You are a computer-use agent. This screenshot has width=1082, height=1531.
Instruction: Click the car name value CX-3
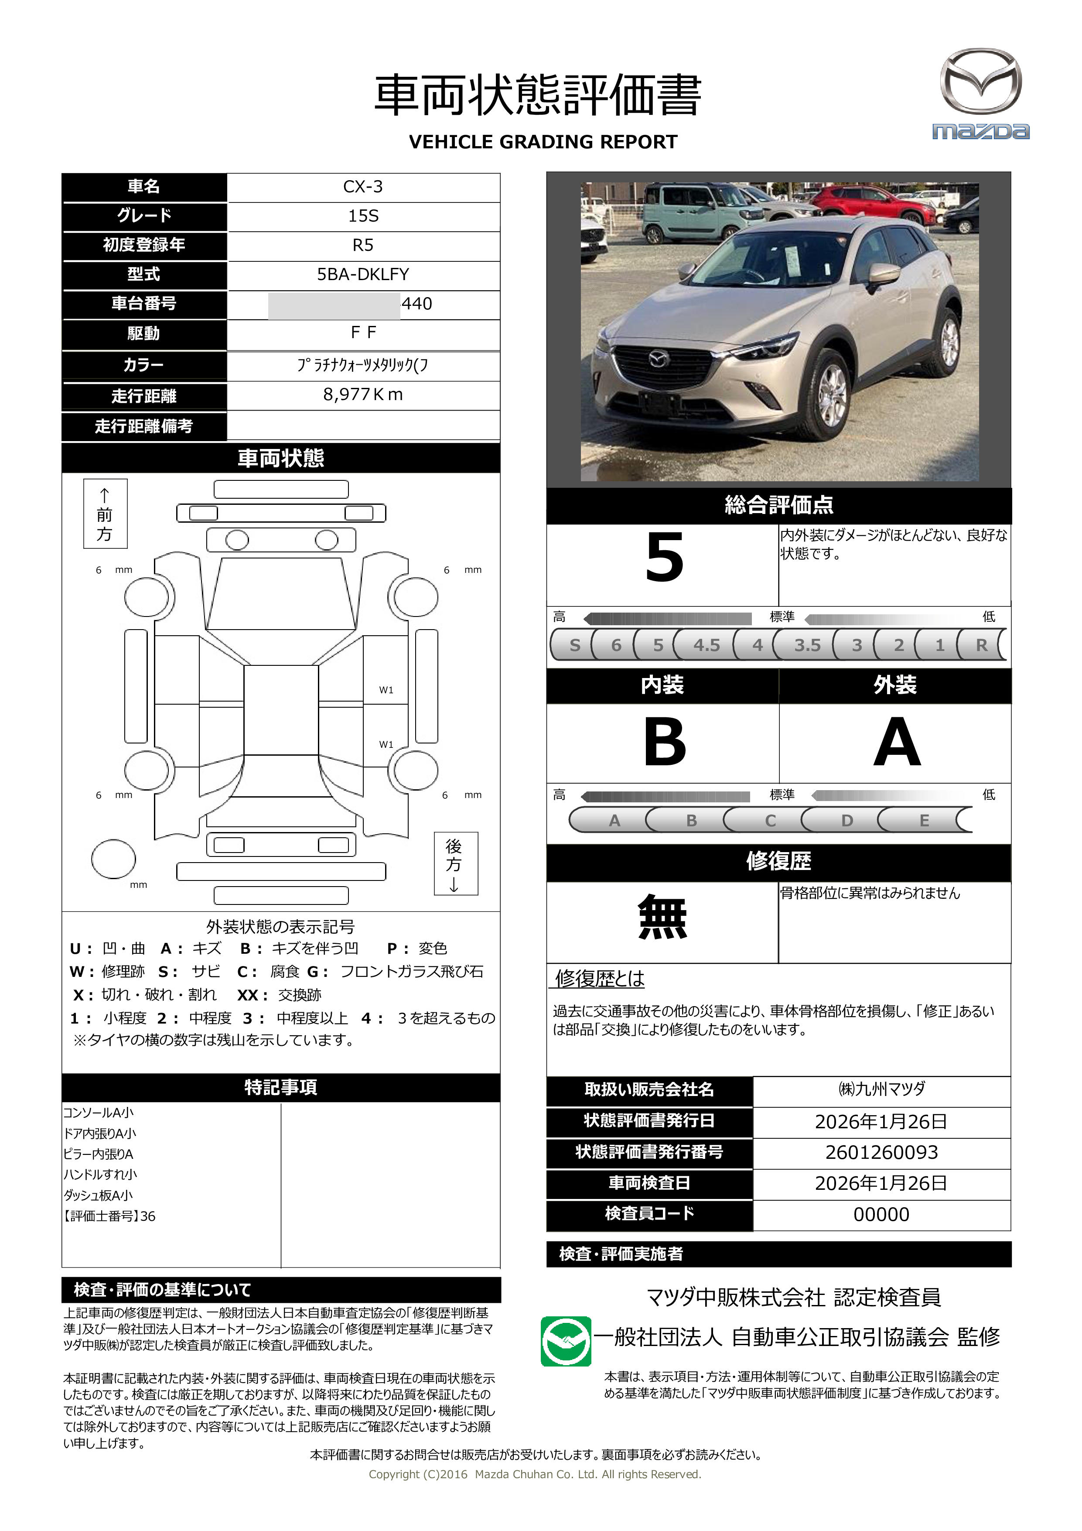point(363,187)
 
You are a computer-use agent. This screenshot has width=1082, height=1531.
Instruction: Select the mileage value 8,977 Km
point(363,395)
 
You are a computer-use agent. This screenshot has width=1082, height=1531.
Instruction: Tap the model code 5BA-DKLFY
point(363,274)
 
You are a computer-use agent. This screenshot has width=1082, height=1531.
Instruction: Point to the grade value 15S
point(363,216)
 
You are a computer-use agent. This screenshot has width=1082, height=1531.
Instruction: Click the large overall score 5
point(664,558)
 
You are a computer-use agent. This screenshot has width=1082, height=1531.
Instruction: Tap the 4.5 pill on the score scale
point(706,645)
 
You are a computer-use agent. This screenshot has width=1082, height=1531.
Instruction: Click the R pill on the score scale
point(981,645)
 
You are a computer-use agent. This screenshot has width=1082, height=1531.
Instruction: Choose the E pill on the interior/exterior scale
point(924,820)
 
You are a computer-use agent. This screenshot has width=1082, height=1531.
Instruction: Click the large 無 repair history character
point(662,918)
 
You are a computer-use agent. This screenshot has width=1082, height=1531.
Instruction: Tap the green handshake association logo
point(565,1341)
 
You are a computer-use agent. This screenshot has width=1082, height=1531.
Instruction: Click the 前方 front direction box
point(105,514)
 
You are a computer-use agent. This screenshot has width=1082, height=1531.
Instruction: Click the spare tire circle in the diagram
point(113,859)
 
